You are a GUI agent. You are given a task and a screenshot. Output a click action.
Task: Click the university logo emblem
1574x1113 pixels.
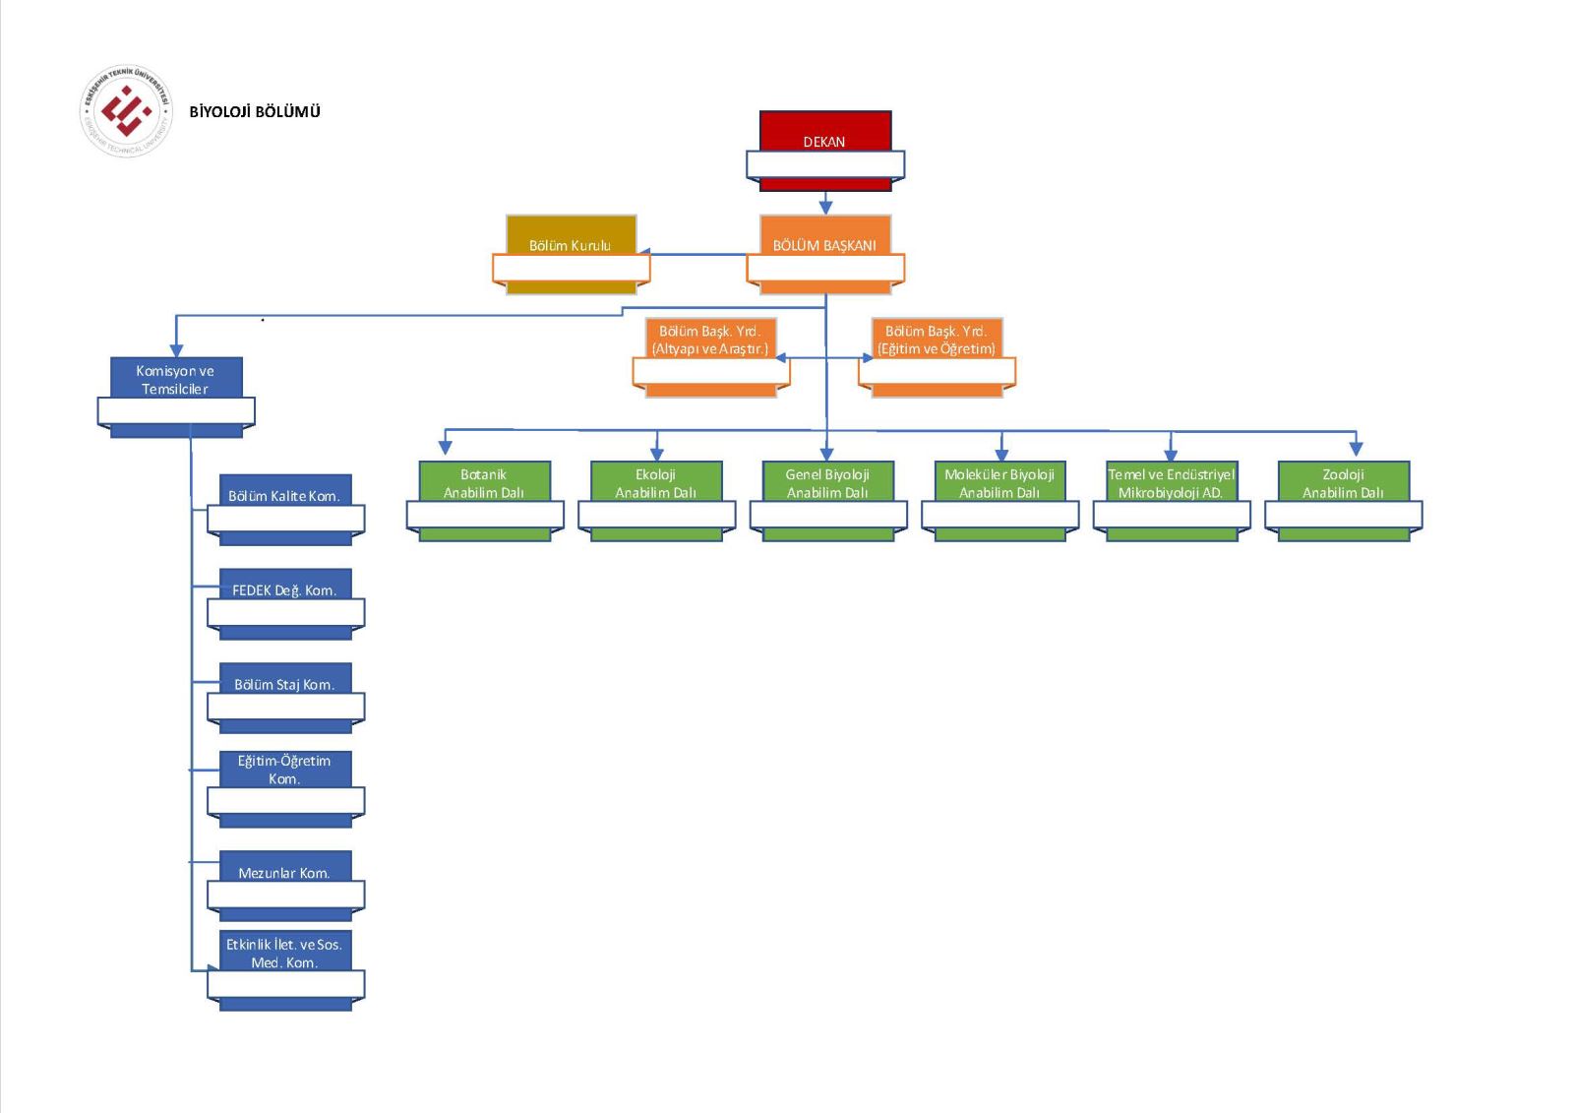coord(125,111)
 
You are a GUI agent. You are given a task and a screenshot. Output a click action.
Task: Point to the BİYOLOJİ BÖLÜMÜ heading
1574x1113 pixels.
coord(255,111)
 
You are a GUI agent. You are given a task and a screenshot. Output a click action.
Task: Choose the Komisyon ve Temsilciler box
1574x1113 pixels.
coord(176,379)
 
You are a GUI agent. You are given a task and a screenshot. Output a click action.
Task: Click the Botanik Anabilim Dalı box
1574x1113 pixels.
coord(484,482)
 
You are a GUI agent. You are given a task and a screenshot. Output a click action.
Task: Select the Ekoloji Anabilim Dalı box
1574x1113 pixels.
coord(656,482)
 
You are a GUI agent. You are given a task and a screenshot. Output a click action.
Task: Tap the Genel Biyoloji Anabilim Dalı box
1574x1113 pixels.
coord(827,482)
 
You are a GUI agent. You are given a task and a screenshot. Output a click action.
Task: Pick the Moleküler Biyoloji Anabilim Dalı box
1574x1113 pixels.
coord(999,482)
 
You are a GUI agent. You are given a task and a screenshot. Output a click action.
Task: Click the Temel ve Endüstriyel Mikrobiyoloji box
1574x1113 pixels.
coord(1171,482)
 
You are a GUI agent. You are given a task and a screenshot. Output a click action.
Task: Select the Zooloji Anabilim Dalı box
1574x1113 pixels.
coord(1343,482)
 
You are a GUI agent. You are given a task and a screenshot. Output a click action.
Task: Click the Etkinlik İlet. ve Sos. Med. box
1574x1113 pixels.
coord(284,953)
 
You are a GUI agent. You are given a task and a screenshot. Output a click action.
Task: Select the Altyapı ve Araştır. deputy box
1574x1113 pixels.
coord(710,340)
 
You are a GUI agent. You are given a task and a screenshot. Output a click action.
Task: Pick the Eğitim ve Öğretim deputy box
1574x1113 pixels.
coord(937,340)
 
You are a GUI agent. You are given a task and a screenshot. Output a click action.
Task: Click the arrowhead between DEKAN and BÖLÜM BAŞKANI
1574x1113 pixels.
coord(825,207)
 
